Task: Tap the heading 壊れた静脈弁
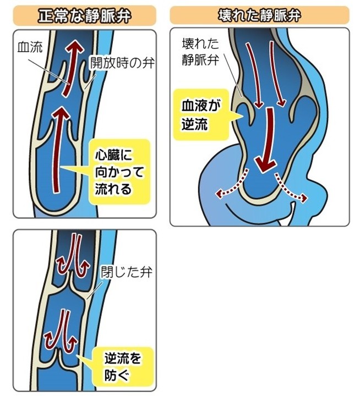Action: tap(259, 13)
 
